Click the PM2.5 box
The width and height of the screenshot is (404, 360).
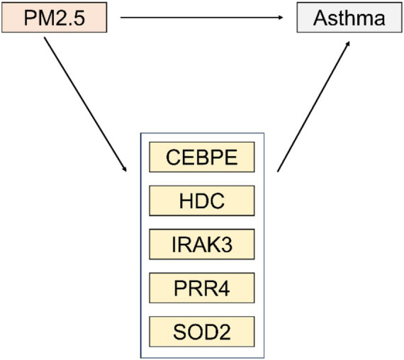point(55,18)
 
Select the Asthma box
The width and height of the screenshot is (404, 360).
point(349,18)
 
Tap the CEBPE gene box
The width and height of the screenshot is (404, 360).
point(202,157)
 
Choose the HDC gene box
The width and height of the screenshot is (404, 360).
point(202,201)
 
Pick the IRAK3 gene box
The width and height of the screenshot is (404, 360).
point(202,244)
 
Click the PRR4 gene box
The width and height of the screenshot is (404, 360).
point(202,288)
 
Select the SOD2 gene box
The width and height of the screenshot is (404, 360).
point(202,332)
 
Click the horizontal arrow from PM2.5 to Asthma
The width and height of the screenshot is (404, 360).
point(202,18)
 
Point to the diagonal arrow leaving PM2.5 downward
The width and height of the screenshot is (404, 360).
point(85,104)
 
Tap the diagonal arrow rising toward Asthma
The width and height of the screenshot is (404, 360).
point(313,106)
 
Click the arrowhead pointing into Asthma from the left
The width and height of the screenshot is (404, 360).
point(281,18)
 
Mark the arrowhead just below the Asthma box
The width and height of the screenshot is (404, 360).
point(348,43)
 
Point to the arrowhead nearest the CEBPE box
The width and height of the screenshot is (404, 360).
point(125,169)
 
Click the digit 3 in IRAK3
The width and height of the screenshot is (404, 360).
point(226,244)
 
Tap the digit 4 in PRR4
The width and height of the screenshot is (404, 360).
point(223,288)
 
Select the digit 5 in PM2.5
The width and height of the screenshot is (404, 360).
point(79,18)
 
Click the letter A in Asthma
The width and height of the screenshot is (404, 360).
point(320,18)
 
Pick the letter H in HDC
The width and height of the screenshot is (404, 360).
point(186,201)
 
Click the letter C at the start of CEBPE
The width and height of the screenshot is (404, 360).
point(173,157)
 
